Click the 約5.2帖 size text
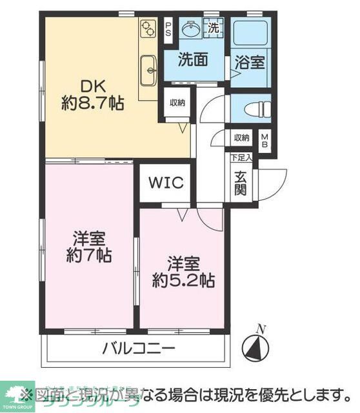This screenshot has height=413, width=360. (x=184, y=281)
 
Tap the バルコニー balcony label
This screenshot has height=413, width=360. (x=138, y=350)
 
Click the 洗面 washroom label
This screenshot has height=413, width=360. (x=193, y=59)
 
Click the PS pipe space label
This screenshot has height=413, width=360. (x=168, y=30)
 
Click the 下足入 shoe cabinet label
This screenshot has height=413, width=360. (x=241, y=157)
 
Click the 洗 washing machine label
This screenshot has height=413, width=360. (x=214, y=28)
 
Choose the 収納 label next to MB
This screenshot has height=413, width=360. (x=241, y=137)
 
